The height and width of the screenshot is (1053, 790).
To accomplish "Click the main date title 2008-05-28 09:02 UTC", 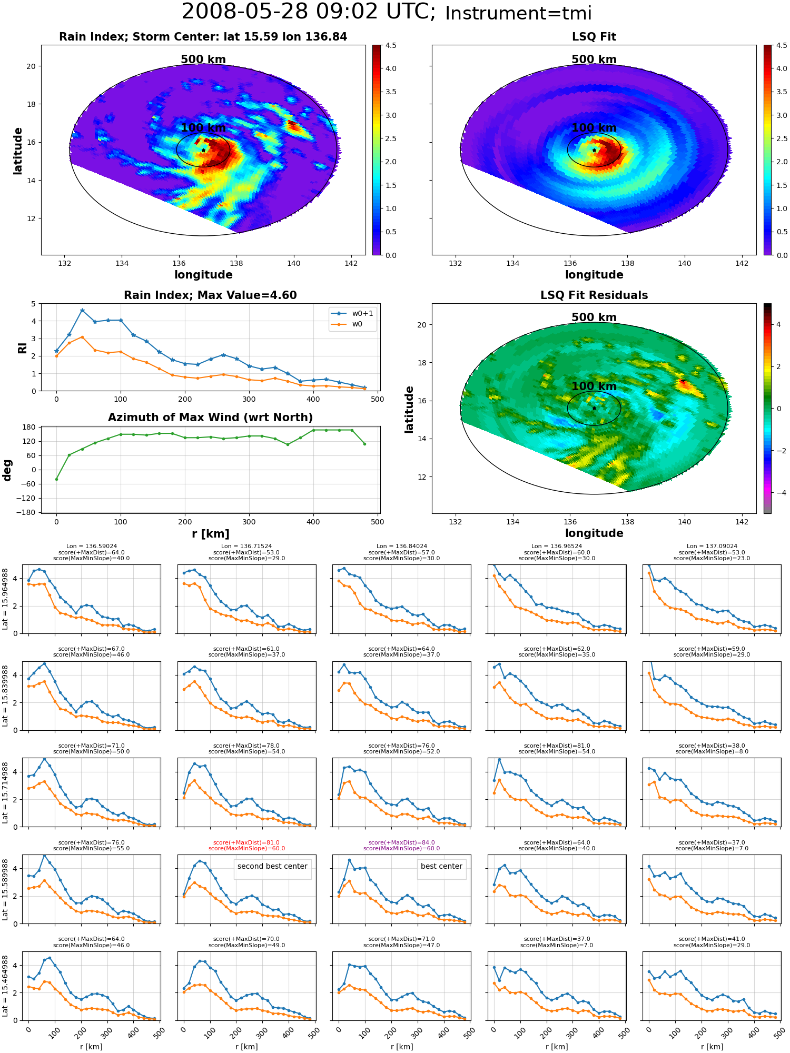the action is pyautogui.click(x=308, y=12).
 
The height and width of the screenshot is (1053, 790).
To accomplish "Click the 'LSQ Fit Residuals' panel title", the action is pyautogui.click(x=594, y=295).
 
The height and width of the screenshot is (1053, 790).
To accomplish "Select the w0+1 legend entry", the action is pyautogui.click(x=352, y=313).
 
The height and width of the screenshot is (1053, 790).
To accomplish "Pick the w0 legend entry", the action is pyautogui.click(x=347, y=324).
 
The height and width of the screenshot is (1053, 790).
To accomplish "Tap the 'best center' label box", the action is pyautogui.click(x=441, y=866).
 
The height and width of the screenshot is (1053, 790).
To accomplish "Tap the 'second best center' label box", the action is pyautogui.click(x=272, y=866).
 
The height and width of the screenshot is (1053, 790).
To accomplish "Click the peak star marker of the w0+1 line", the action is pyautogui.click(x=82, y=311).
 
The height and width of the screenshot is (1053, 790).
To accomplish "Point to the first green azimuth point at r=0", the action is pyautogui.click(x=56, y=479).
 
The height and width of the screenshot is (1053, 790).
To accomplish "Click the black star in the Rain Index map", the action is pyautogui.click(x=203, y=150).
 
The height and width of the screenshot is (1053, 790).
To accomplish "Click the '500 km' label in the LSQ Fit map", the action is pyautogui.click(x=594, y=59).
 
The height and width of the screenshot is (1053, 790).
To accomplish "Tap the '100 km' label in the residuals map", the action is pyautogui.click(x=594, y=386).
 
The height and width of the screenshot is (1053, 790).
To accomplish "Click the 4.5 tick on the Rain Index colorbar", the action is pyautogui.click(x=391, y=46).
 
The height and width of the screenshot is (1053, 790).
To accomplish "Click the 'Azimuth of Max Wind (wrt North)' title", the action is pyautogui.click(x=210, y=418).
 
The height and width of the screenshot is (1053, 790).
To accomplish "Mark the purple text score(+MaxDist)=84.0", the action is pyautogui.click(x=401, y=842).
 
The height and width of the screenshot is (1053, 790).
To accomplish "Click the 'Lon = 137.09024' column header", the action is pyautogui.click(x=712, y=547).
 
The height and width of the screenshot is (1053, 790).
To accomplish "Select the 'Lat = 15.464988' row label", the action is pyautogui.click(x=5, y=986).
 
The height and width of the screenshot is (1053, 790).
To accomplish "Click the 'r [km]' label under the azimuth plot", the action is pyautogui.click(x=210, y=534).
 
